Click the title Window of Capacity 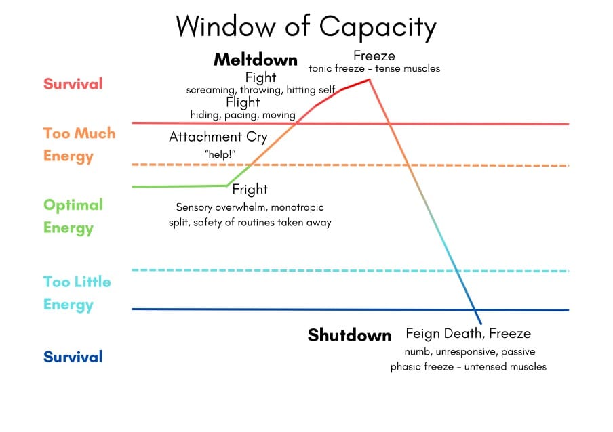pos(306,26)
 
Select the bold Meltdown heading pos(255,60)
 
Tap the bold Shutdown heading pos(349,335)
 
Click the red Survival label pos(73,84)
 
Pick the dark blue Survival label pos(73,357)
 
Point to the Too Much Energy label pos(79,144)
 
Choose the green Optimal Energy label pos(73,216)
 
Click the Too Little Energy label pos(77,293)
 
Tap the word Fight pos(260,77)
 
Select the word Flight pos(243,102)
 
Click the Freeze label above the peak pos(374,56)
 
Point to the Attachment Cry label pos(218,137)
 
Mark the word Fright pos(250,189)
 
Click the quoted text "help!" pos(219,154)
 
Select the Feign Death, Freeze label pos(468,333)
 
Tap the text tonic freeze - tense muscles pos(374,68)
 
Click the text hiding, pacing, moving pos(243,115)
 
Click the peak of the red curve pos(370,80)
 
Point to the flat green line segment pos(180,186)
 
